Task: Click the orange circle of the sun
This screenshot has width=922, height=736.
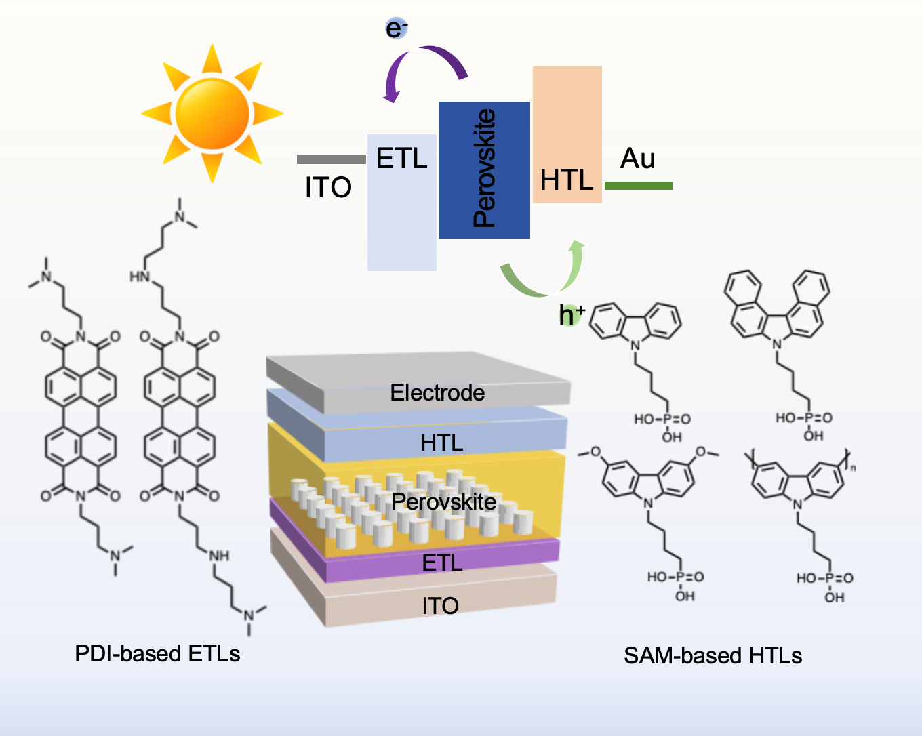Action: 212,113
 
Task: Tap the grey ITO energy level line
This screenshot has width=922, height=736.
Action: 332,159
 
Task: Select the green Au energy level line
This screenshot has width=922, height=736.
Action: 638,185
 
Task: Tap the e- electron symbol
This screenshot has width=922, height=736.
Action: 396,28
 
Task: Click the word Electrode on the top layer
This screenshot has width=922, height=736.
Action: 437,392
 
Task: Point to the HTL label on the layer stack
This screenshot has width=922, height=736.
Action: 441,443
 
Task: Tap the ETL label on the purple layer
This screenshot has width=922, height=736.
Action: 442,563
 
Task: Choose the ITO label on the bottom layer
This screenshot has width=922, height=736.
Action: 440,605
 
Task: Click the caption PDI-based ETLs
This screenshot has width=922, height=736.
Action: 157,653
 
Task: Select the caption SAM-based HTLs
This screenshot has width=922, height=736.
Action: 713,655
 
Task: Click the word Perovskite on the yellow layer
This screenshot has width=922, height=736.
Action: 444,502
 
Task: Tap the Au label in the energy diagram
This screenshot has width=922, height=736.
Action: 637,159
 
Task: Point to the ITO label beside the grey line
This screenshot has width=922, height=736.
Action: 328,188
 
